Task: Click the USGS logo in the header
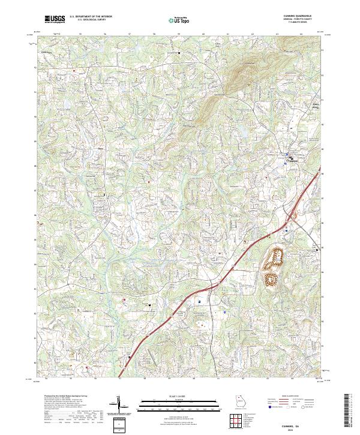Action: (x=55, y=19)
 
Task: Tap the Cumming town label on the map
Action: (x=292, y=160)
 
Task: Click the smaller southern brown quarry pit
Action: (x=271, y=278)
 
